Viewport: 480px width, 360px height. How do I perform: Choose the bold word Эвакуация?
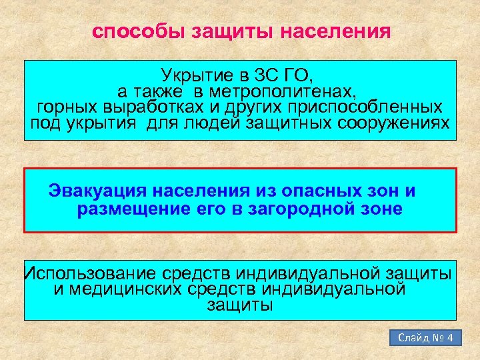click(97, 191)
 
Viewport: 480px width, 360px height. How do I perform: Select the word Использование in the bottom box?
click(88, 273)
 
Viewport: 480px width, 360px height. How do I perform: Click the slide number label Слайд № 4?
click(425, 338)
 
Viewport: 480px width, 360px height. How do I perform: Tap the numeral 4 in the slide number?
click(450, 338)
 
